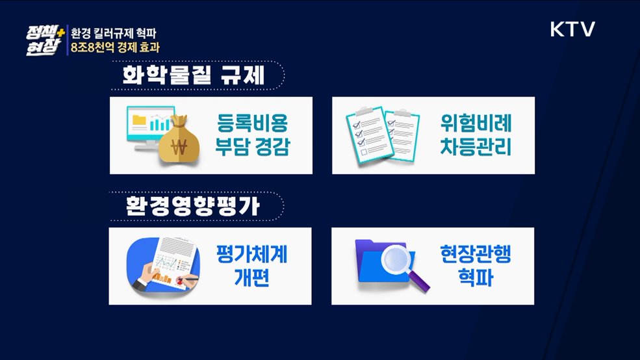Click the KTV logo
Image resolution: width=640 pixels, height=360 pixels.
[x=572, y=29]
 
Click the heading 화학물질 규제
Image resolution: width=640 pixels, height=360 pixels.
[x=193, y=75]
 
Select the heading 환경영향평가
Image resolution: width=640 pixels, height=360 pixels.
[x=193, y=207]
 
